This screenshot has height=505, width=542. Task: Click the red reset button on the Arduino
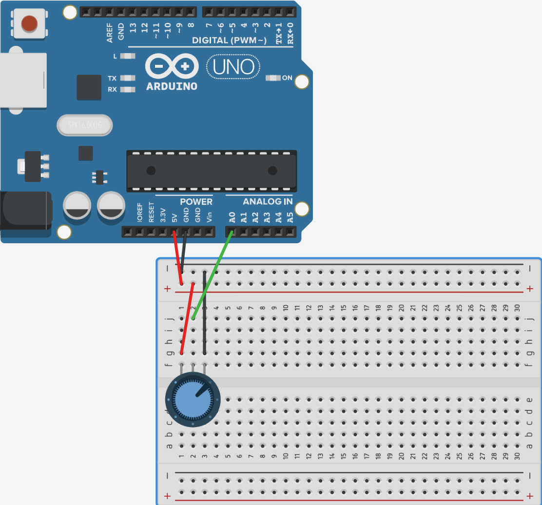tap(29, 22)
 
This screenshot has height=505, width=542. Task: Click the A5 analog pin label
tap(290, 217)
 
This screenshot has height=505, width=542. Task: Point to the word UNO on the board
tap(233, 67)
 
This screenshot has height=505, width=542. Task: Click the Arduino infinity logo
tap(172, 67)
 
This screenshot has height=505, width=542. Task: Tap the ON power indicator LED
tap(272, 78)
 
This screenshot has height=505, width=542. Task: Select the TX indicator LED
tap(128, 78)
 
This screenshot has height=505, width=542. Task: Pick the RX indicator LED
tap(128, 90)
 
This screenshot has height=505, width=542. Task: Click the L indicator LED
tap(128, 56)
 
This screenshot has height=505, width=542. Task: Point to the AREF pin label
tap(110, 33)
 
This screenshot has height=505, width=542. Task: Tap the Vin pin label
tap(210, 217)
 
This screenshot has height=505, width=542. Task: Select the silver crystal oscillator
tap(85, 126)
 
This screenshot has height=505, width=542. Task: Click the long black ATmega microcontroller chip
tap(212, 171)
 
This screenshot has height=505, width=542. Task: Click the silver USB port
tap(22, 80)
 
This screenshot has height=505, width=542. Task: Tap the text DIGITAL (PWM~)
tap(229, 40)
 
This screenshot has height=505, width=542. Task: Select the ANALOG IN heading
tap(268, 202)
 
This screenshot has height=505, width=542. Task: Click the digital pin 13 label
tap(133, 27)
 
